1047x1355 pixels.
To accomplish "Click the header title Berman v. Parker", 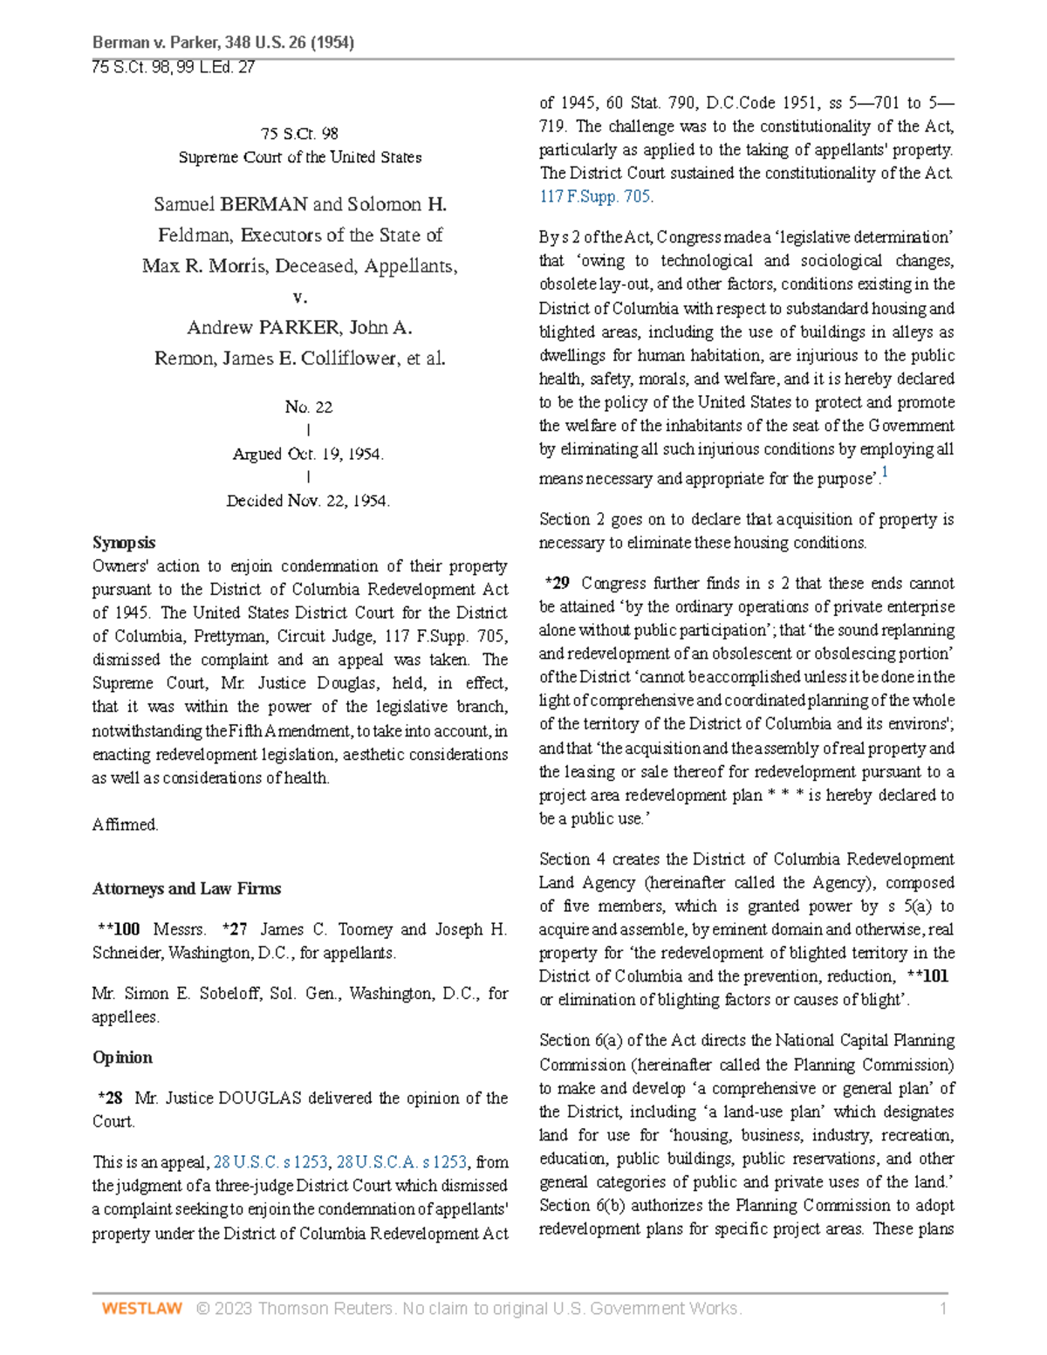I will point(222,42).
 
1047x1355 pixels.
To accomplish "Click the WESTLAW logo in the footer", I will point(141,1308).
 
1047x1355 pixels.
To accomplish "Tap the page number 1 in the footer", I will point(942,1308).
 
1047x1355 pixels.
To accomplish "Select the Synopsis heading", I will point(124,543).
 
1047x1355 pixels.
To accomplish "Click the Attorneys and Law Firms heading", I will point(187,888).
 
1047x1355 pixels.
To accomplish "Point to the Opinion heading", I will point(122,1057).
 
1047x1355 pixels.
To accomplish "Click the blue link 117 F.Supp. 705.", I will point(596,196).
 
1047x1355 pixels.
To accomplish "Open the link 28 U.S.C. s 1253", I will point(270,1162).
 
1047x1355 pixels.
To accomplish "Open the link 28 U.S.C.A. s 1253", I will point(401,1162).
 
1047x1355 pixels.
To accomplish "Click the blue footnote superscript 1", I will point(885,472).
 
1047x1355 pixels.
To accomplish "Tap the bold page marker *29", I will point(557,583).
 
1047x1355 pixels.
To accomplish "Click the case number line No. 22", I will point(308,407).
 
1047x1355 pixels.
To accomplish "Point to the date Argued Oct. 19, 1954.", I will point(308,454).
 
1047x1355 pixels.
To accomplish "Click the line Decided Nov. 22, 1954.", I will point(308,501).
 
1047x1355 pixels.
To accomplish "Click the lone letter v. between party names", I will point(300,297).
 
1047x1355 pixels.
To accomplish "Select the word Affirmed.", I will point(125,825).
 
